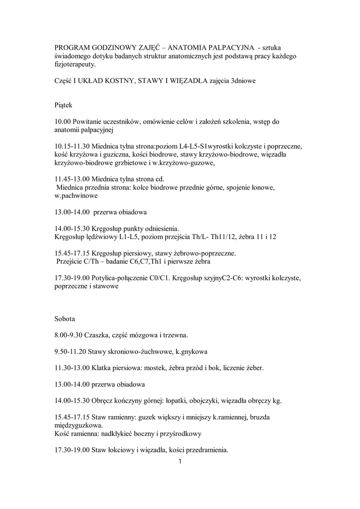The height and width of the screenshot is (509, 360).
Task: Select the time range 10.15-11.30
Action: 72,147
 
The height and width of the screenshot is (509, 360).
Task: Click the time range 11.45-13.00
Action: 72,179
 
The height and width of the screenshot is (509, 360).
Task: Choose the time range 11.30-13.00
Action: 72,368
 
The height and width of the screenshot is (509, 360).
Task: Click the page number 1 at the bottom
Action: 180,462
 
